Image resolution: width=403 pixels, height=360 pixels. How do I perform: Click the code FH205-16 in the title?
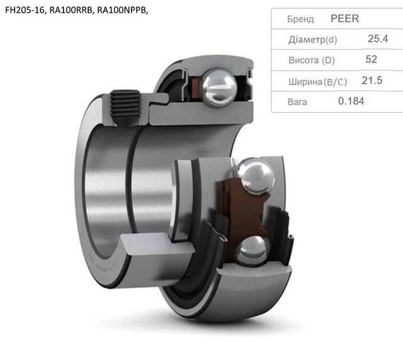(25, 10)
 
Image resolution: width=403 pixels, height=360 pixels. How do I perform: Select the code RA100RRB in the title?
(71, 10)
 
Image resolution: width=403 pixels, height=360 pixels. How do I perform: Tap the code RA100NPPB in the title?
(122, 10)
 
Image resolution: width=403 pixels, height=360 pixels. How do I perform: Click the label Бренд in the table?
(300, 20)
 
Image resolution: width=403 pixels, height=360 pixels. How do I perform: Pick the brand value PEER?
(344, 18)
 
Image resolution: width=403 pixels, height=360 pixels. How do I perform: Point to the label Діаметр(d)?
(312, 40)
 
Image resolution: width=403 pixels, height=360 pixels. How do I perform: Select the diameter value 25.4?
(378, 39)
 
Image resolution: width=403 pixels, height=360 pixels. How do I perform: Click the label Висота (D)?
(312, 60)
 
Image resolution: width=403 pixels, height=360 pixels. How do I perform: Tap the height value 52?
(371, 59)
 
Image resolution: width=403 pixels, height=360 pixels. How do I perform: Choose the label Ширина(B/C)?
(317, 82)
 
